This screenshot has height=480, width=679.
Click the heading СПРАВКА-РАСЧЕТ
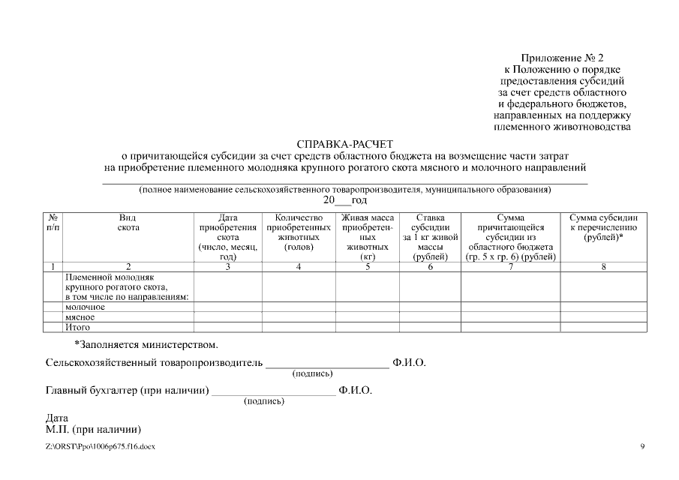344,143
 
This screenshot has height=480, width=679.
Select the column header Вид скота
128,222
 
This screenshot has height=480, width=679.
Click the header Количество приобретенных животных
299,232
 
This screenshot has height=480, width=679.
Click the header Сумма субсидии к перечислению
603,227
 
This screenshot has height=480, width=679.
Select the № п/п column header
53,222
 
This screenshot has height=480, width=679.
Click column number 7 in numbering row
510,266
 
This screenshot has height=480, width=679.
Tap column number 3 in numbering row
227,266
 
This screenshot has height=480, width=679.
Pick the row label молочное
85,307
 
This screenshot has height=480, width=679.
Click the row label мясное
80,317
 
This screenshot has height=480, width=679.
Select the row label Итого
78,327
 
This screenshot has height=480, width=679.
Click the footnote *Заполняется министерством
146,345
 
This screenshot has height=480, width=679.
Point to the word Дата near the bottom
57,418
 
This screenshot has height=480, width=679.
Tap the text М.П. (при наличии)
94,430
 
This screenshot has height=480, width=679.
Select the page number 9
642,447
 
